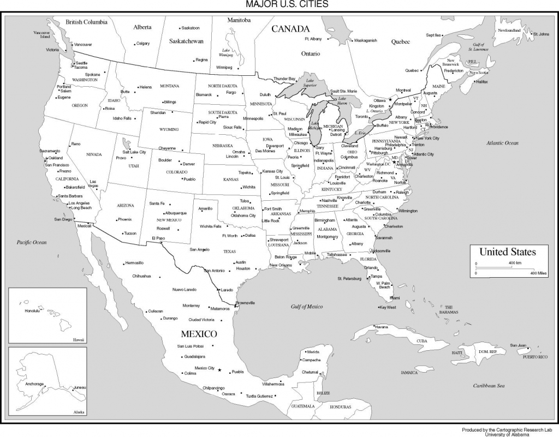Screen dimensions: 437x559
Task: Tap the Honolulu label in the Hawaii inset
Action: tap(33, 311)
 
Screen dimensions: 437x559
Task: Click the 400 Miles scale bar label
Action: tap(538, 273)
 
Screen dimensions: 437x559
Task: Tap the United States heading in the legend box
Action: tap(507, 252)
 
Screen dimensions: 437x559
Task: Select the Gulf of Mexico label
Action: tap(306, 307)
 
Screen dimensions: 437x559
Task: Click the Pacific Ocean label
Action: tap(31, 242)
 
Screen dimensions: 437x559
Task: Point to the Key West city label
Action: tap(388, 307)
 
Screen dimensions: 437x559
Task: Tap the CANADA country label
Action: tap(290, 28)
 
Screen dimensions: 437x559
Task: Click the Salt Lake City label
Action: tap(134, 152)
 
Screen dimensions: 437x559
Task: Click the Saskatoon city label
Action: tap(191, 28)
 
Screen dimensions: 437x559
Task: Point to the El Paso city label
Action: tap(158, 238)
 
